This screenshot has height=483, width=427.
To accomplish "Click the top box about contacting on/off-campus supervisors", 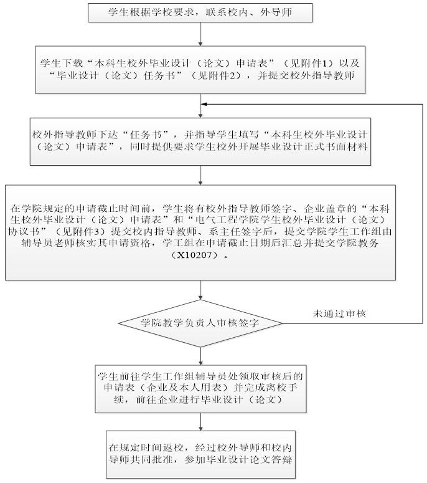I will point(199,12).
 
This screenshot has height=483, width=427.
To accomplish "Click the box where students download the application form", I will point(199,69).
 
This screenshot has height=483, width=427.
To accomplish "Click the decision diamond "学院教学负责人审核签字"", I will point(200,323).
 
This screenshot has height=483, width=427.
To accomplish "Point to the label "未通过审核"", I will point(339,314).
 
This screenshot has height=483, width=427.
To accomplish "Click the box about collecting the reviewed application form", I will point(199,386).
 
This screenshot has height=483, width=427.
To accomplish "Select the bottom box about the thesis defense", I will point(199,453).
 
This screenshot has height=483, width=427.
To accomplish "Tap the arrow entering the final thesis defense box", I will point(199,421).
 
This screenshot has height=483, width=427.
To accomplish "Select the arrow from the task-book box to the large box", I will point(199,175).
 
